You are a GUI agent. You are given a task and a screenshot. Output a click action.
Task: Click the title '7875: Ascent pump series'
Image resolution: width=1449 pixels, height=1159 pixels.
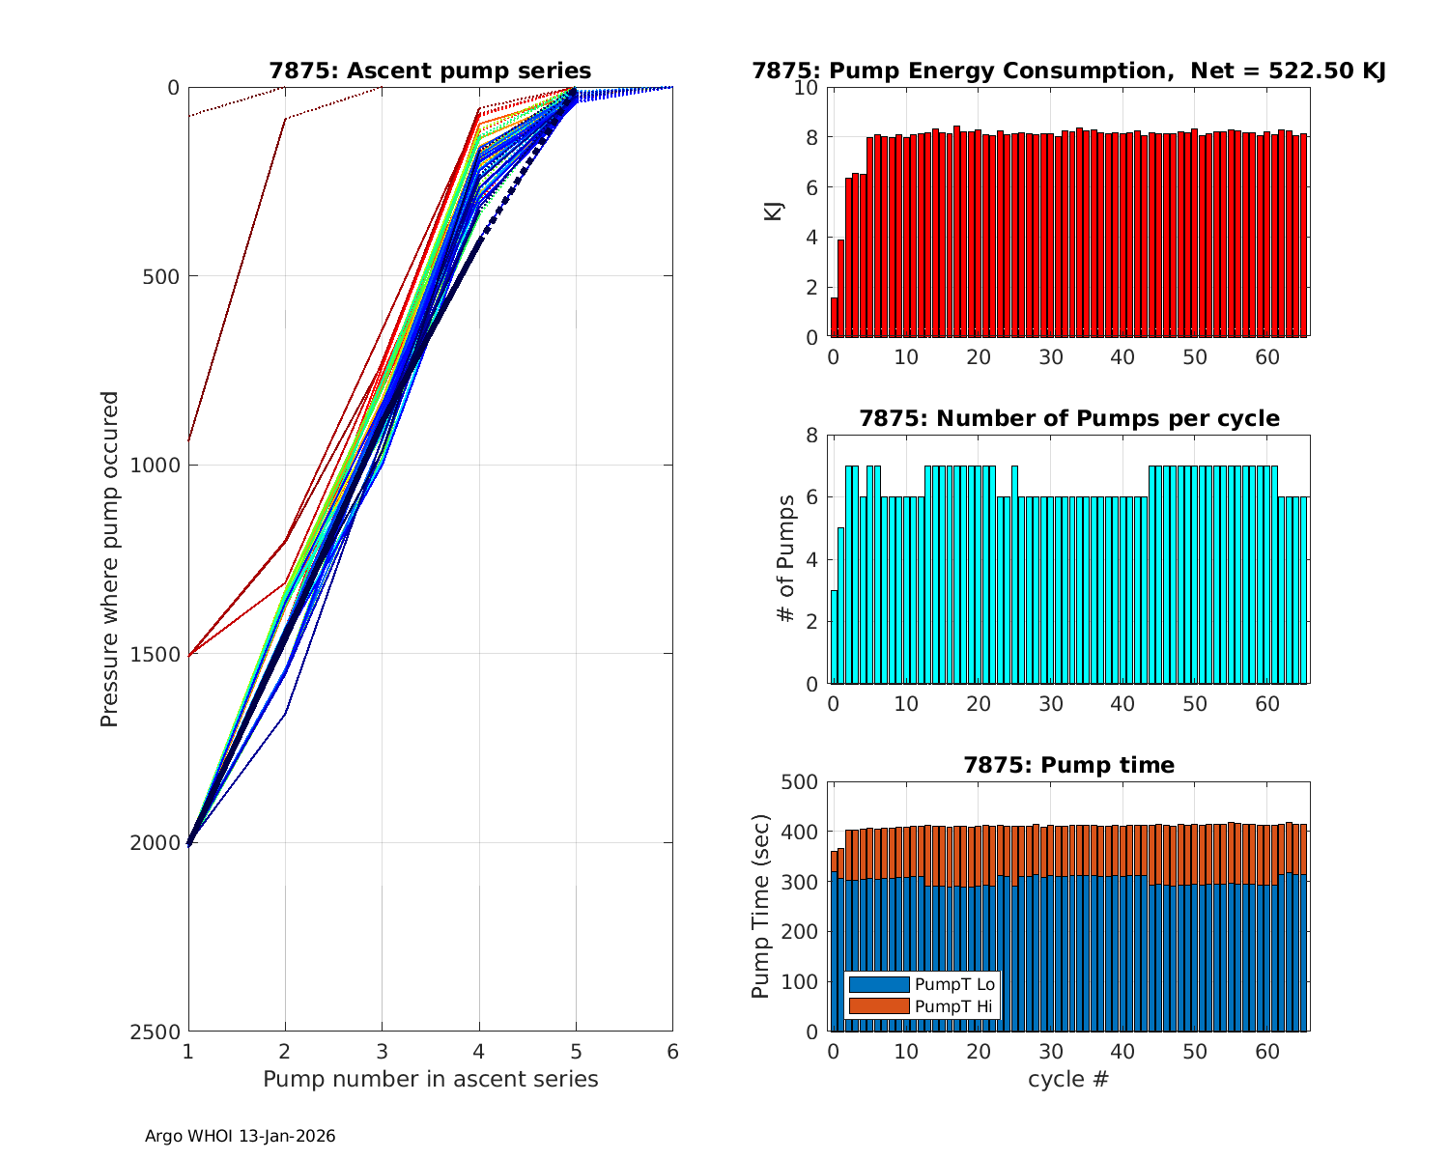pos(430,71)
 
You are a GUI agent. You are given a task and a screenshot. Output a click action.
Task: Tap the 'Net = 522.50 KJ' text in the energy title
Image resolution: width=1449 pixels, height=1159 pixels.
pos(1289,71)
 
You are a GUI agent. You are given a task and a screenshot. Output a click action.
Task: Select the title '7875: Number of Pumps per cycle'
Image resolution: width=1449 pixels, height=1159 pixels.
pos(1069,418)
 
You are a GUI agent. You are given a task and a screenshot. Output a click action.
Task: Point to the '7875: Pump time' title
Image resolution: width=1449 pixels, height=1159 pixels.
pos(1069,765)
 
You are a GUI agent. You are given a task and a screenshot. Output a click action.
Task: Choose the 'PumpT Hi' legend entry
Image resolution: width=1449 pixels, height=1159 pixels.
pos(952,1006)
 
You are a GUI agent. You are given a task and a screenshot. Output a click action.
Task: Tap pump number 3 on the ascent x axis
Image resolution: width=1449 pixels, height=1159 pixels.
pos(382,1051)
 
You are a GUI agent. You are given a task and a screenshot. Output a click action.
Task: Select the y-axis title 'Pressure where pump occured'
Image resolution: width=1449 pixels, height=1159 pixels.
pos(110,559)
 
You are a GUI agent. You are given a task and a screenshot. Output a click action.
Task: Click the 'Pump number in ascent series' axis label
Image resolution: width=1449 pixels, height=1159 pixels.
pos(430,1079)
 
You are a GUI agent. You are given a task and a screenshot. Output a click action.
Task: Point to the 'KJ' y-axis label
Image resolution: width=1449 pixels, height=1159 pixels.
pos(774,212)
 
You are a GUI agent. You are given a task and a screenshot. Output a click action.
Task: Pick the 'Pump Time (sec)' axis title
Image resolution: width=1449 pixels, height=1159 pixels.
pos(761,907)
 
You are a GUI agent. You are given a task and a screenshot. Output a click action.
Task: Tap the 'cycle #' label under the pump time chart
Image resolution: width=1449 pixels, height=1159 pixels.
pos(1068,1079)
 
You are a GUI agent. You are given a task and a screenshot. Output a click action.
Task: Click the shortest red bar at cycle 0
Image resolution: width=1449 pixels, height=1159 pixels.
pos(835,317)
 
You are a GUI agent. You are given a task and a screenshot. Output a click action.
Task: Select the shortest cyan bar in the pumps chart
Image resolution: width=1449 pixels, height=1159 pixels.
pos(835,637)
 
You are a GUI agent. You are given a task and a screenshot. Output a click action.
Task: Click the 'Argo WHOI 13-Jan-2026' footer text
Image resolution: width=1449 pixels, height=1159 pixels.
pos(241,1136)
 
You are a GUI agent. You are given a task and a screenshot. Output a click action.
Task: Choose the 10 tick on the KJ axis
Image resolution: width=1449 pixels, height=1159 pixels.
pos(807,88)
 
